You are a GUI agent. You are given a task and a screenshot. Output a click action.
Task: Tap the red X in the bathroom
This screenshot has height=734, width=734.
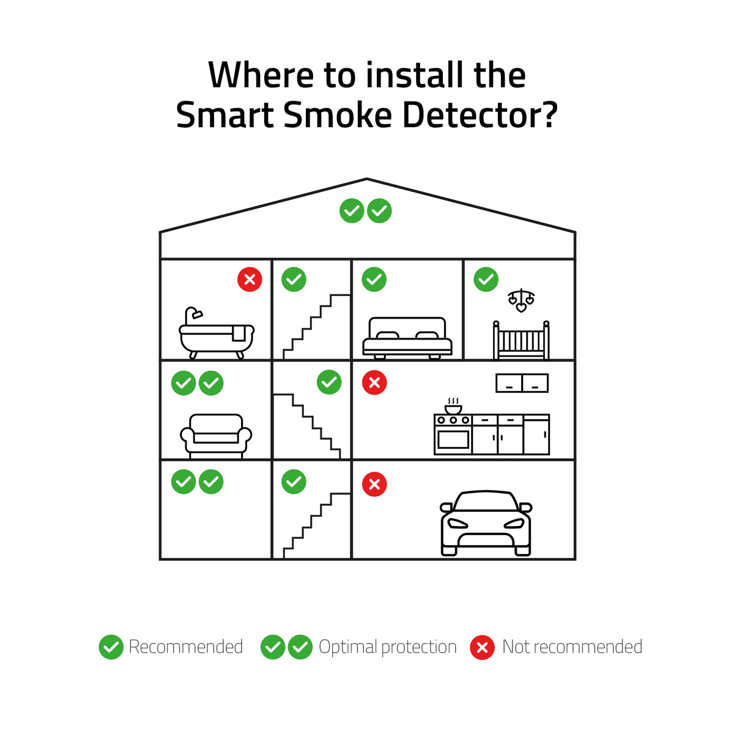[x=250, y=279]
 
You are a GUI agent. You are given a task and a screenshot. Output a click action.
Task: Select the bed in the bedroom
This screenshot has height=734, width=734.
[x=407, y=338]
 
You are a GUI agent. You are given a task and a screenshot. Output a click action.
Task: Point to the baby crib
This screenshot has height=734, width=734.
[x=521, y=340]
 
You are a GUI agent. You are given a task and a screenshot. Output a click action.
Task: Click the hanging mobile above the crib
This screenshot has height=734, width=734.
[x=521, y=300]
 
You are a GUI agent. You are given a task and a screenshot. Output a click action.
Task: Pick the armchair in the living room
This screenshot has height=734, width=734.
[x=216, y=436]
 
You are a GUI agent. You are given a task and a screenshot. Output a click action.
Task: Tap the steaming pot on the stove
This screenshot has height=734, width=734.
[x=453, y=406]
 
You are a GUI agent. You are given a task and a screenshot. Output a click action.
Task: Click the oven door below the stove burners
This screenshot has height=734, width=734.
[x=453, y=440]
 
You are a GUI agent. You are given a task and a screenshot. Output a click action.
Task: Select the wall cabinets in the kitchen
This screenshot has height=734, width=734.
[x=522, y=383]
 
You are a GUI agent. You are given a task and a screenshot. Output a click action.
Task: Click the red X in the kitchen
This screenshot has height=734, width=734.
[x=374, y=382]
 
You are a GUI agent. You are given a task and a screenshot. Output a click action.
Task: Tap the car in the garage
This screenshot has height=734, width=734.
[x=486, y=523]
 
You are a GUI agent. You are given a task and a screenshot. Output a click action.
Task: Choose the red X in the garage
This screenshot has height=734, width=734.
[x=374, y=484]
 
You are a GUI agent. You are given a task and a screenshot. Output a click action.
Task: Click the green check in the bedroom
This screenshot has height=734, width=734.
[x=374, y=279]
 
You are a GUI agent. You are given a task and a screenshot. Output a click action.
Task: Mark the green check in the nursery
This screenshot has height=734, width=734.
[x=486, y=279]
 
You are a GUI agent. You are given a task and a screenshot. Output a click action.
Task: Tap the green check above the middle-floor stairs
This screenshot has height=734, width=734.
[x=329, y=382]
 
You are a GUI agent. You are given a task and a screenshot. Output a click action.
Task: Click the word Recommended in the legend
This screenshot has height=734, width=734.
[x=186, y=647]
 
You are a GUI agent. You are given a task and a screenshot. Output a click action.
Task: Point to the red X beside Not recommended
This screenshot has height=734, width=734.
[x=482, y=647]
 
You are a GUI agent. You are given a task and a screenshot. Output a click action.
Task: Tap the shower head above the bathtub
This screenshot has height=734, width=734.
[x=198, y=314]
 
